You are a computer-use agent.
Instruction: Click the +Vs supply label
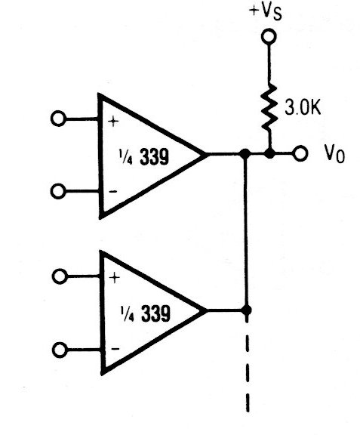coord(266,12)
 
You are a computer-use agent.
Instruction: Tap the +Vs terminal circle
coord(269,36)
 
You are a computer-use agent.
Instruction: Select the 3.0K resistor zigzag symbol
coord(269,108)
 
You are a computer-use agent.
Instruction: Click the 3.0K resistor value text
coord(303,107)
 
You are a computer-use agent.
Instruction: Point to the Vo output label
coord(334,153)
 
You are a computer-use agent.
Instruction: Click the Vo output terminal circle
coord(300,153)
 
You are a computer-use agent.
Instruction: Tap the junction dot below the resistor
coord(269,153)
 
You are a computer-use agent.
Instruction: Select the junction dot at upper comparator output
coord(245,153)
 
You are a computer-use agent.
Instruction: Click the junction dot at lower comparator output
coord(246,310)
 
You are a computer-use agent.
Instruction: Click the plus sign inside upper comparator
coord(113,122)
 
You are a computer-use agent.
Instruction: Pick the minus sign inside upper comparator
coord(113,191)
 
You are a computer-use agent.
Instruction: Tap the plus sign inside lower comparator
coord(114,278)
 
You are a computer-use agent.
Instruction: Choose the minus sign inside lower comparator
coord(115,349)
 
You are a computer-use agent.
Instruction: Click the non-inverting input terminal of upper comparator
coord(58,119)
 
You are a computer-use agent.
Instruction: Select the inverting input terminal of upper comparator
coord(58,191)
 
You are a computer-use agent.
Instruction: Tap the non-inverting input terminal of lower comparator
coord(60,276)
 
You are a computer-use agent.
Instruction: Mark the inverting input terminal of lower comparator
coord(60,350)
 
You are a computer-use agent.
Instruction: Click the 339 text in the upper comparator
coord(154,157)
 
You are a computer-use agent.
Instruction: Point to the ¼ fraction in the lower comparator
coord(127,313)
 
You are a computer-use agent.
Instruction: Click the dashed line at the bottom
coord(247,364)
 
